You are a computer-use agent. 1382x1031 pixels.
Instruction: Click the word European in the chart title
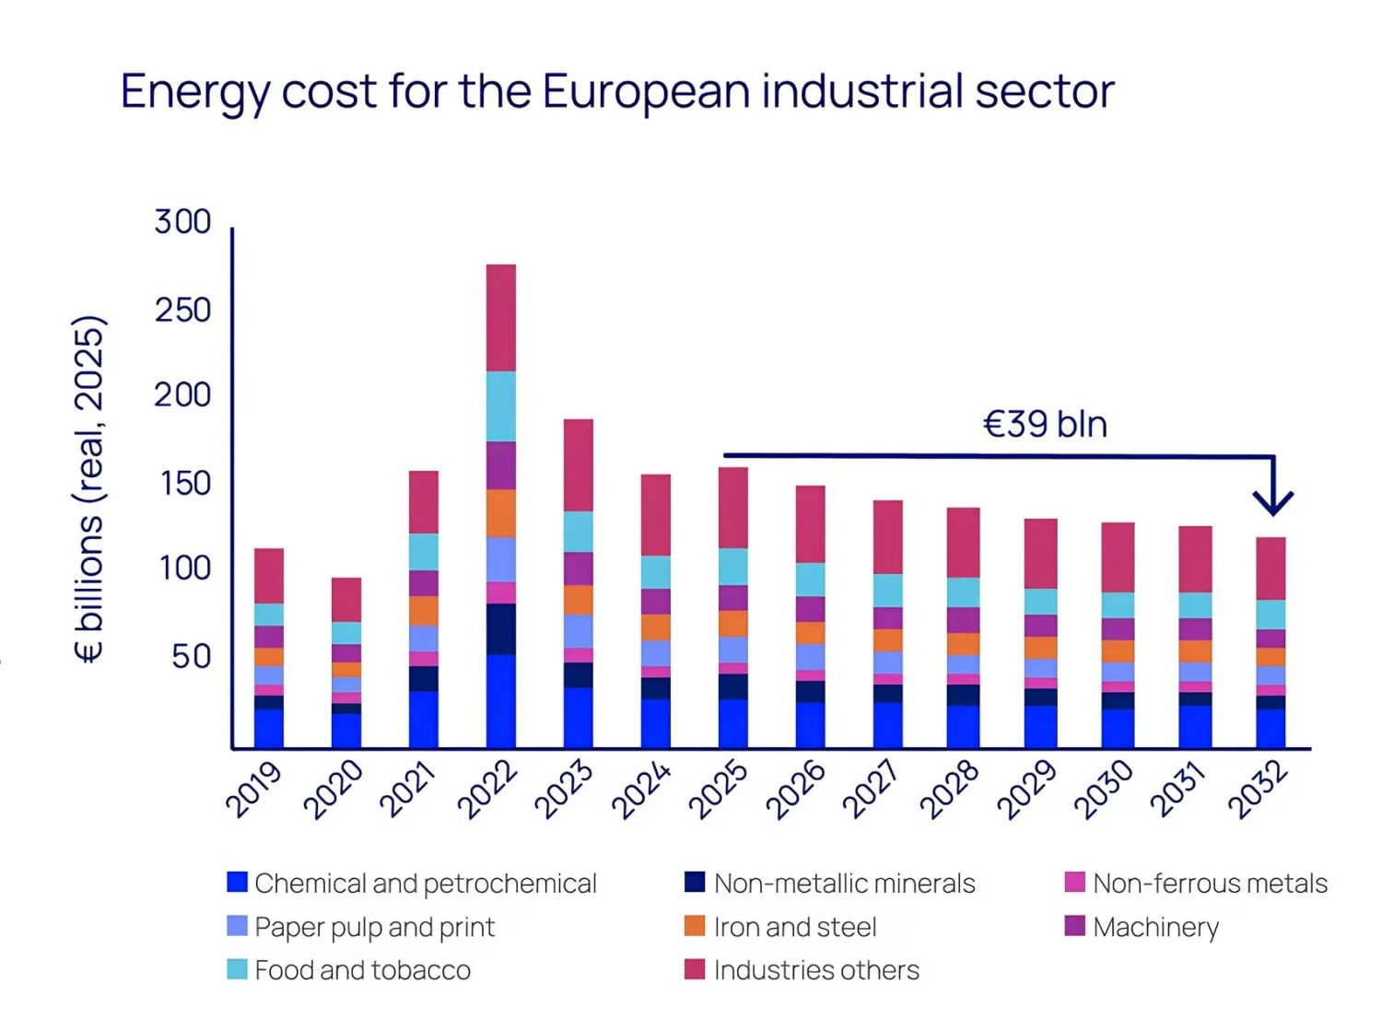coord(646,92)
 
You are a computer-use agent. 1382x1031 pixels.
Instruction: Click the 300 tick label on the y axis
coord(182,222)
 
